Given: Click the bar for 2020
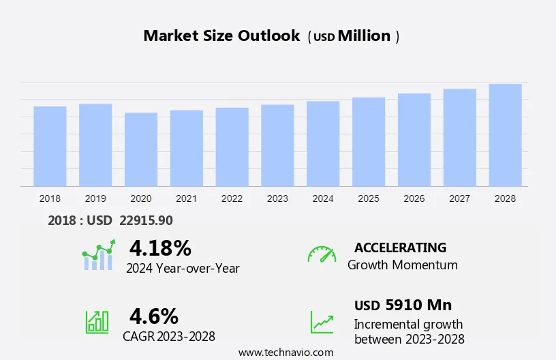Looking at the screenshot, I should point(141,149).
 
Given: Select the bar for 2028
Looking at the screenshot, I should point(505,135).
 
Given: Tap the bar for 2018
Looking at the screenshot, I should point(50,146).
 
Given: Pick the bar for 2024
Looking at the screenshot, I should point(323,143).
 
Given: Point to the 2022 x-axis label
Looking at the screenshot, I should point(232,198).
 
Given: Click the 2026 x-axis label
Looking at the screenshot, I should point(414,198).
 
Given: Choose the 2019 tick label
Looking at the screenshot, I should point(95,198).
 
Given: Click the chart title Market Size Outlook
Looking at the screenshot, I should point(221,36).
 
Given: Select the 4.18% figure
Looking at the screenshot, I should point(160,247).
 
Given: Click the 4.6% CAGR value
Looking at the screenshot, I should point(154,316).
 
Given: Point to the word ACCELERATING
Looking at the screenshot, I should point(400,247).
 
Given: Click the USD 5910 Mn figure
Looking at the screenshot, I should point(403,305).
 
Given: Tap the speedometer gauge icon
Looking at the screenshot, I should point(322,254).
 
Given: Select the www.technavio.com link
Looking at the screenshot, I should point(285,352).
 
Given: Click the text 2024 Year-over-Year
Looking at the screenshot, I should point(183,268).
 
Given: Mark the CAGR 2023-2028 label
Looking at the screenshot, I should point(169,336).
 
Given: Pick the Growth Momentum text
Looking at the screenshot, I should point(402,265).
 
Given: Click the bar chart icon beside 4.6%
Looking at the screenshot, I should point(97,322).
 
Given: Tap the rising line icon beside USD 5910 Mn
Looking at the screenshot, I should point(322,322).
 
